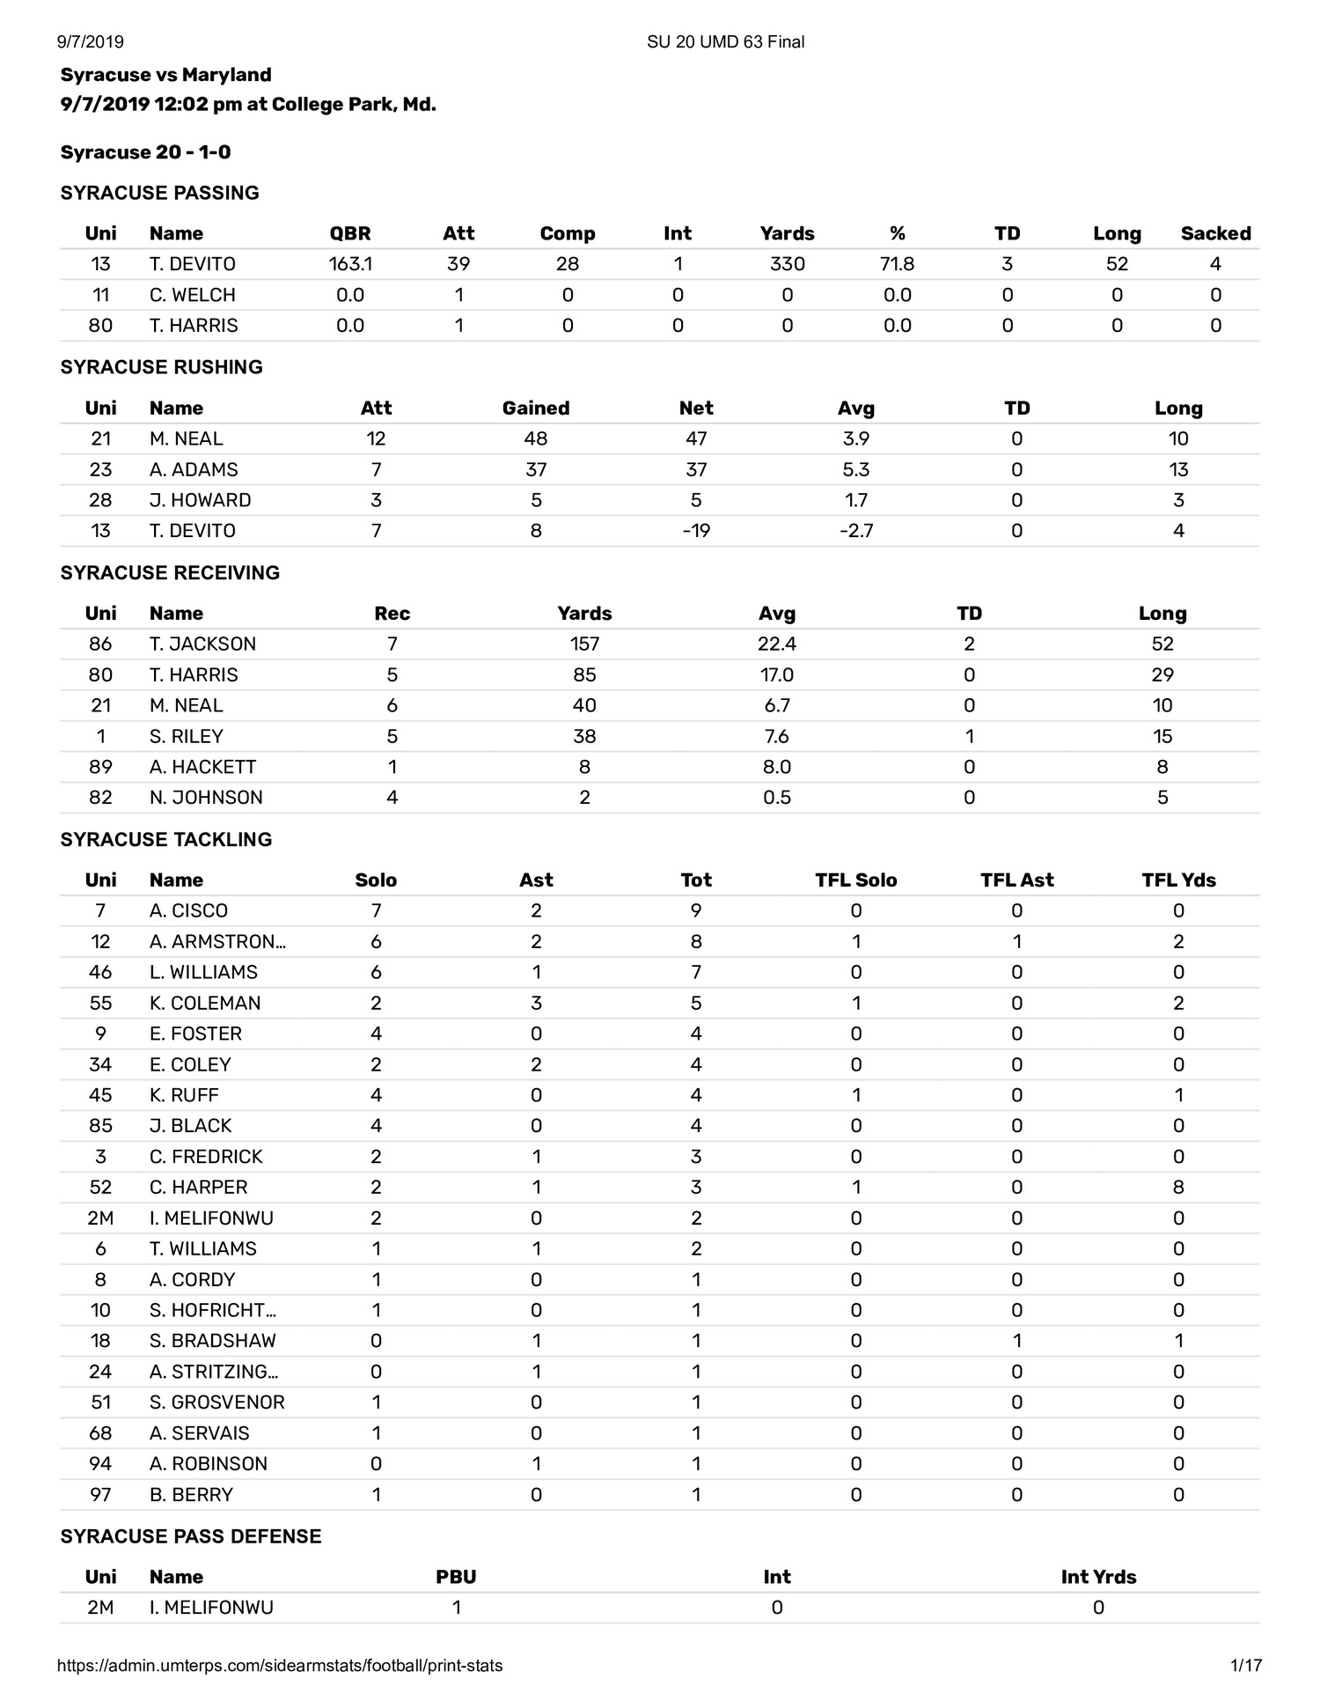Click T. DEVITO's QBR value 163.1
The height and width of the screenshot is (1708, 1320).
(x=349, y=264)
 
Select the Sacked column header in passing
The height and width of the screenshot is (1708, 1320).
(x=1215, y=233)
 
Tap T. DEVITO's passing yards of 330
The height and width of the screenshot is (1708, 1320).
(x=787, y=264)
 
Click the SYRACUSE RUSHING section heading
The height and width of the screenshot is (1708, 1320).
(x=162, y=367)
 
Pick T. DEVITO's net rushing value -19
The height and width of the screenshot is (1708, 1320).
(x=695, y=531)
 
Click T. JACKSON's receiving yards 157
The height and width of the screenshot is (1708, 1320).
(x=584, y=644)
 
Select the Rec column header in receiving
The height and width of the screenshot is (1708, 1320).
(x=392, y=614)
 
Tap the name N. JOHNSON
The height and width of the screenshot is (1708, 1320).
(x=206, y=798)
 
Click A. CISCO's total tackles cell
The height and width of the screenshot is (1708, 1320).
(x=695, y=910)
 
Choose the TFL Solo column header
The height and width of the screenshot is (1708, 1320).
(x=855, y=880)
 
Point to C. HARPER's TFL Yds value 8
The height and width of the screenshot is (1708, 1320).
(x=1178, y=1187)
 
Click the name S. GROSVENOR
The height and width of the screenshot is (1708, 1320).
(x=216, y=1402)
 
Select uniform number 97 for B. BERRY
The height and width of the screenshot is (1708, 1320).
(x=100, y=1494)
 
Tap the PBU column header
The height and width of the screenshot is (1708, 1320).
(x=456, y=1577)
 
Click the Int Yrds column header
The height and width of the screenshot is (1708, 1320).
(x=1098, y=1577)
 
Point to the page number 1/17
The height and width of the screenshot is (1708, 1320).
(x=1246, y=1665)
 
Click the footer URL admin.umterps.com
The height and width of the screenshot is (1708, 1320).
(x=280, y=1665)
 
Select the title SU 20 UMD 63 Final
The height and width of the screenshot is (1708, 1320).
(x=725, y=41)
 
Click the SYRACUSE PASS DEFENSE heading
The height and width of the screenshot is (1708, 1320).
(x=191, y=1536)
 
